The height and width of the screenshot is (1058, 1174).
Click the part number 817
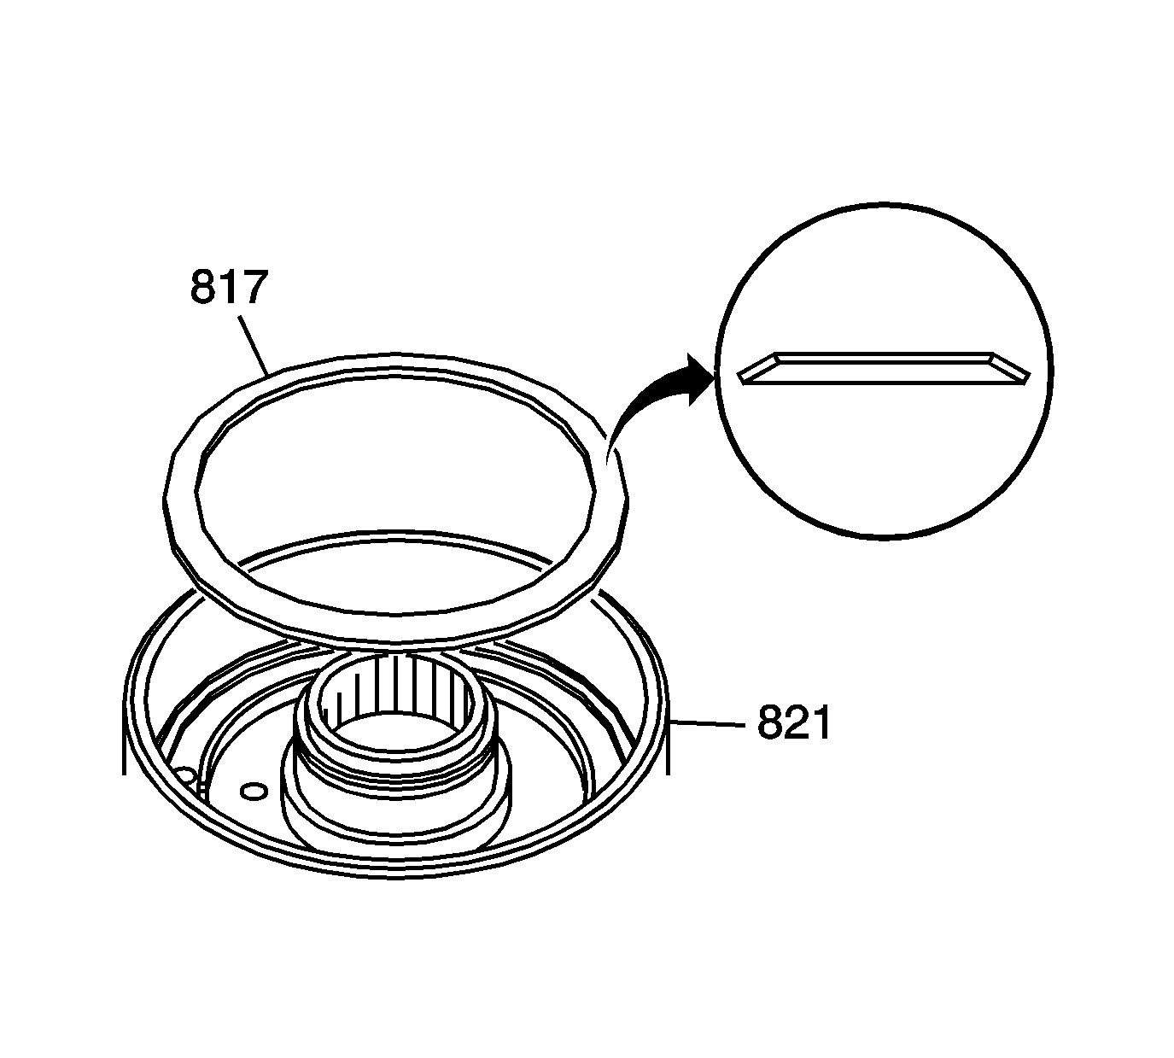[229, 287]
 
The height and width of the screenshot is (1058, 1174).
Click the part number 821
[793, 722]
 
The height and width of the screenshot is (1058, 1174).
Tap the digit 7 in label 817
[254, 287]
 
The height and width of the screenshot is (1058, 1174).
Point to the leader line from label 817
[254, 346]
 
